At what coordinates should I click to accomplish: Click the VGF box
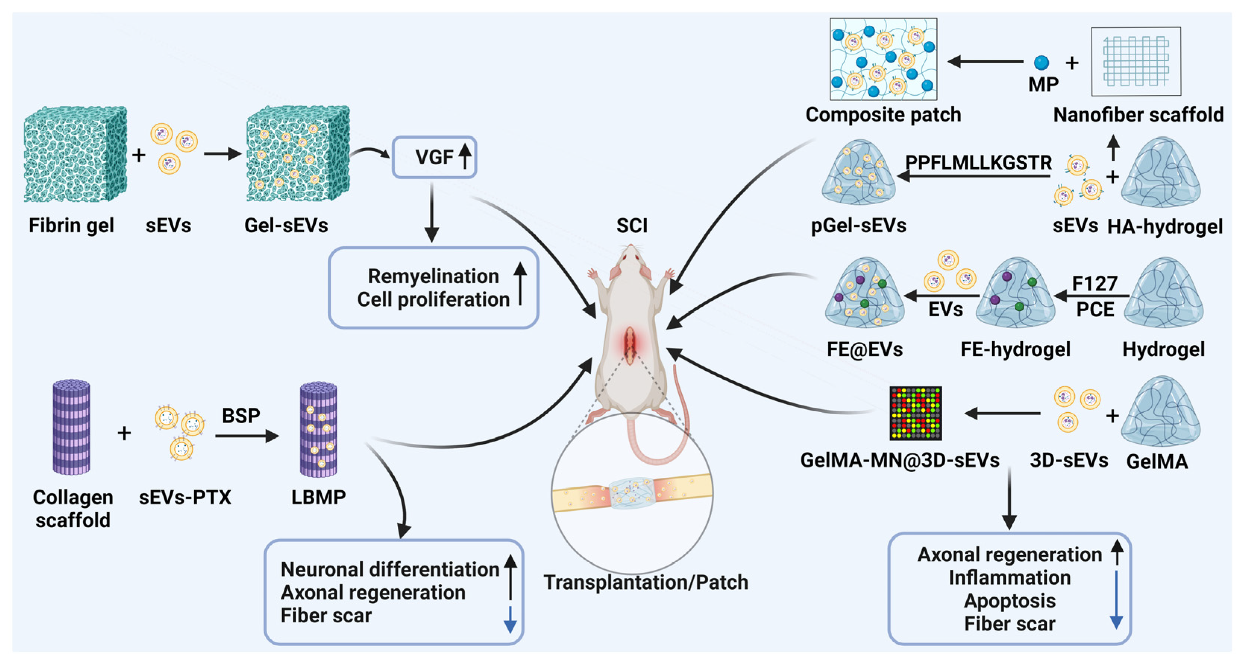click(434, 157)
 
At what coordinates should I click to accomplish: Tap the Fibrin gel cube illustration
click(75, 154)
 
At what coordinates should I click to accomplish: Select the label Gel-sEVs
click(286, 225)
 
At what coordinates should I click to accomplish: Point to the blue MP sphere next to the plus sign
click(1041, 63)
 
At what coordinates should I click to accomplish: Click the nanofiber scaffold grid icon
click(1136, 61)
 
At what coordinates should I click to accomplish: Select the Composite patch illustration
click(883, 59)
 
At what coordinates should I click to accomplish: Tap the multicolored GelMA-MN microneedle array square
click(915, 413)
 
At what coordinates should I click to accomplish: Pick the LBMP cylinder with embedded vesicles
click(318, 429)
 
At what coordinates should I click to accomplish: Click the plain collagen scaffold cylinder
click(71, 426)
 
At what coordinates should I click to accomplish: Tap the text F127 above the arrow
click(1094, 283)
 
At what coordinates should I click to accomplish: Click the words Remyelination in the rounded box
click(433, 276)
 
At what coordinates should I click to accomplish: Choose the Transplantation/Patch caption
click(646, 582)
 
